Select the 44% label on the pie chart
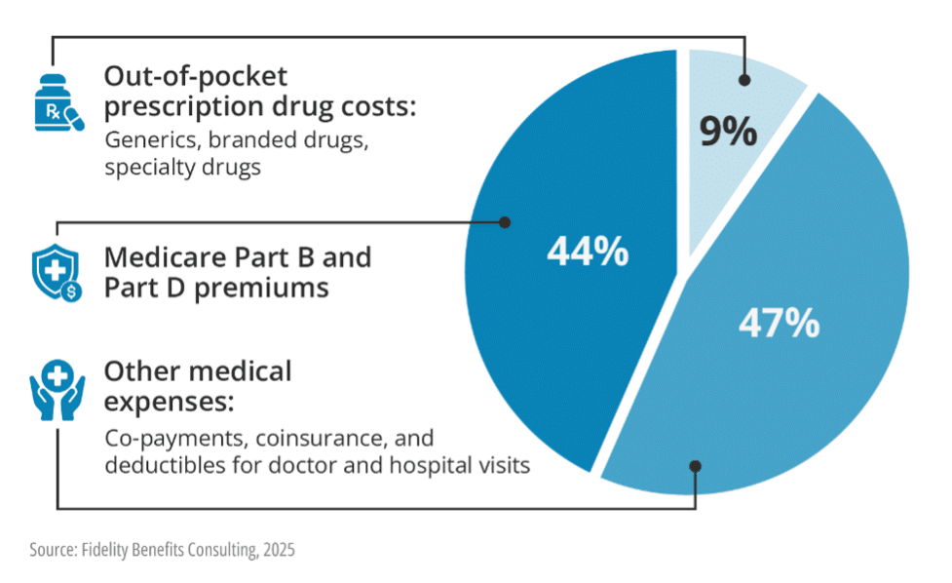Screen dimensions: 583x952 pyautogui.click(x=587, y=253)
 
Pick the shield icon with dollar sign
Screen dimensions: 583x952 pyautogui.click(x=57, y=271)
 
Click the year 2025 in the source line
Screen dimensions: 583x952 pyautogui.click(x=277, y=550)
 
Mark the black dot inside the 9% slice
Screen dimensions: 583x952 pyautogui.click(x=744, y=82)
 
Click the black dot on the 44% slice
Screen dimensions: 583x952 pyautogui.click(x=505, y=221)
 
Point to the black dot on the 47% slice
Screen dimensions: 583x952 pyautogui.click(x=695, y=466)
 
